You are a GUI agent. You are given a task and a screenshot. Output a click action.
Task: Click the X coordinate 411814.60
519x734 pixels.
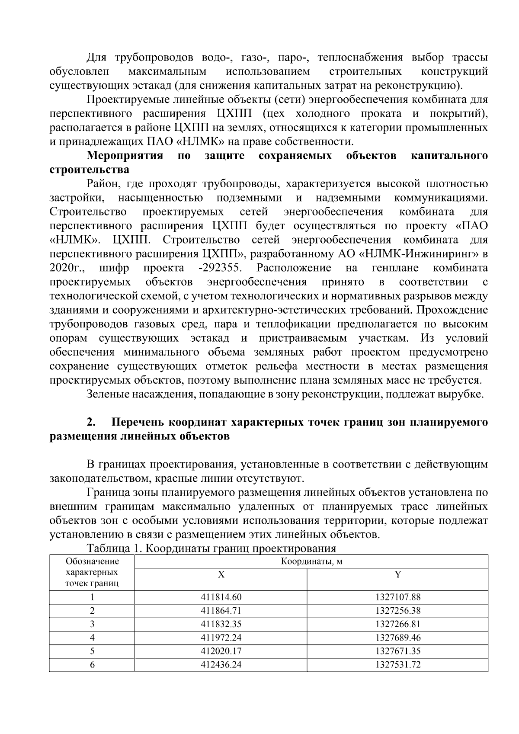coord(221,597)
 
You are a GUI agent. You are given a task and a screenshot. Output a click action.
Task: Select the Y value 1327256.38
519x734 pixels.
coord(397,611)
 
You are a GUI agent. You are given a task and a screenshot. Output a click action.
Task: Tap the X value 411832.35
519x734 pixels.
coord(221,624)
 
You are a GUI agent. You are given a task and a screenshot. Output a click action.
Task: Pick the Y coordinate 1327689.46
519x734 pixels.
coord(397,638)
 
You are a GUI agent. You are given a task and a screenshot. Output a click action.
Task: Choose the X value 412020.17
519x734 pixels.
coord(221,651)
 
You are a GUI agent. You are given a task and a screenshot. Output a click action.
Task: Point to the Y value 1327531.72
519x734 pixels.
coord(397,664)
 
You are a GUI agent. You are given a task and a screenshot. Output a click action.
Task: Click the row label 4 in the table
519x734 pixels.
coord(92,638)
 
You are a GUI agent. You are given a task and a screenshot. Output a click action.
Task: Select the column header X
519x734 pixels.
coord(221,575)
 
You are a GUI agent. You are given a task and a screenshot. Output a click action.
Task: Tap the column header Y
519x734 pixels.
coord(397,575)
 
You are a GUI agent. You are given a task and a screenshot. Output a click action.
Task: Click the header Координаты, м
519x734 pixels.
coord(311,562)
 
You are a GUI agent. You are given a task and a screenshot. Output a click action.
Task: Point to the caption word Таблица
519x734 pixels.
coord(108,548)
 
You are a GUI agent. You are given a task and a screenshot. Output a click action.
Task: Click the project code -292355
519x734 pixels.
coord(220,268)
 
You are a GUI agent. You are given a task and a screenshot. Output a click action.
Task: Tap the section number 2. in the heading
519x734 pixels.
coord(91,422)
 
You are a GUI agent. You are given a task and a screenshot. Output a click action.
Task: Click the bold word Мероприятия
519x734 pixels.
coord(125,155)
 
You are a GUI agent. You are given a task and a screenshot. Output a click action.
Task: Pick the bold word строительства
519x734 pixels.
coord(90,169)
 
